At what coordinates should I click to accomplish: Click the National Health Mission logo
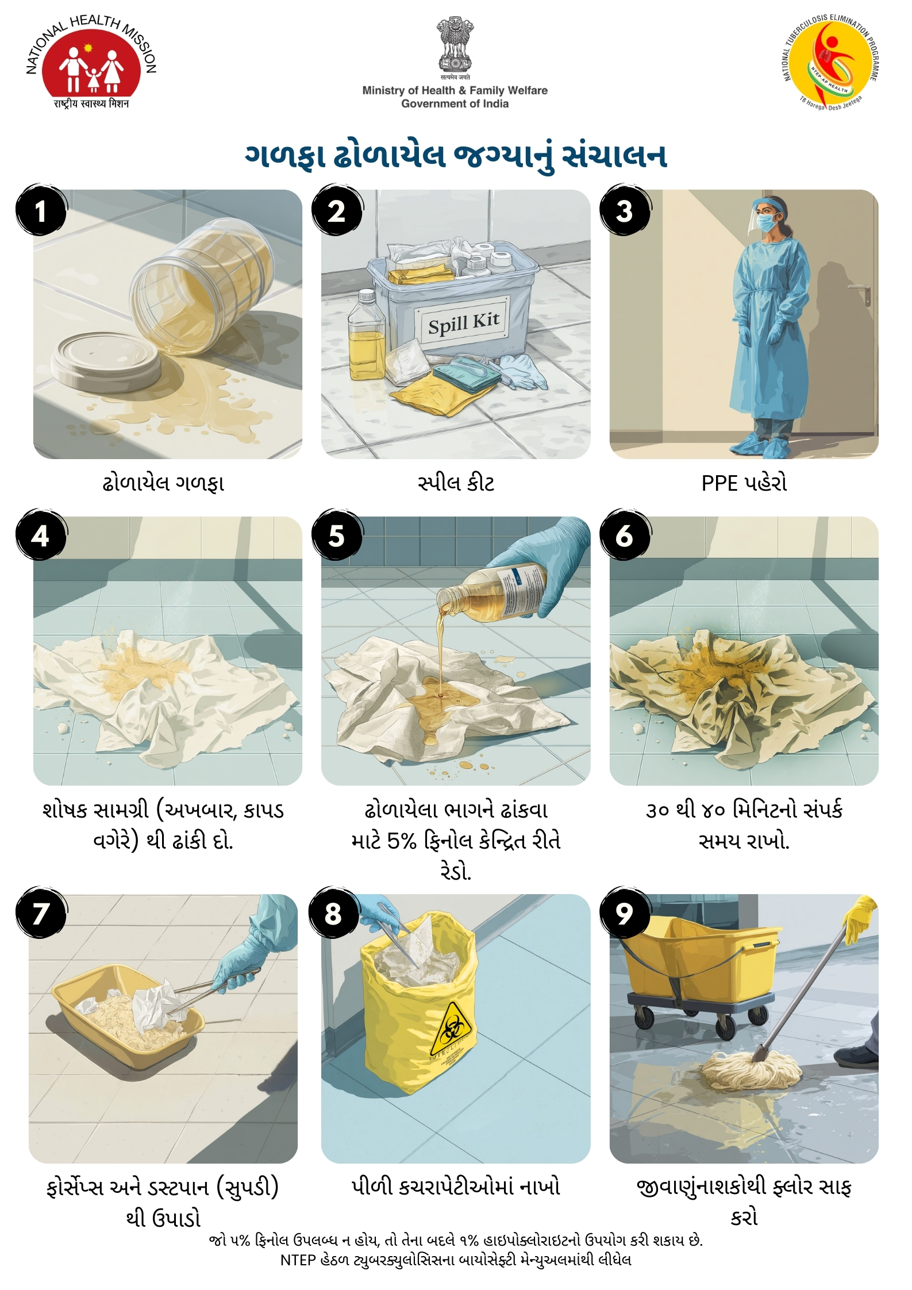[x=91, y=61]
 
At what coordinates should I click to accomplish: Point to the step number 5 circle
[x=337, y=536]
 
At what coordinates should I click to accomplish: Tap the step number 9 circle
[x=625, y=913]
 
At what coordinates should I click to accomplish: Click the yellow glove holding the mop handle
[x=860, y=918]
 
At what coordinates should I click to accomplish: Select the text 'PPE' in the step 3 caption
[x=719, y=483]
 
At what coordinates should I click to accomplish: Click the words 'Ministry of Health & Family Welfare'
[x=455, y=90]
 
